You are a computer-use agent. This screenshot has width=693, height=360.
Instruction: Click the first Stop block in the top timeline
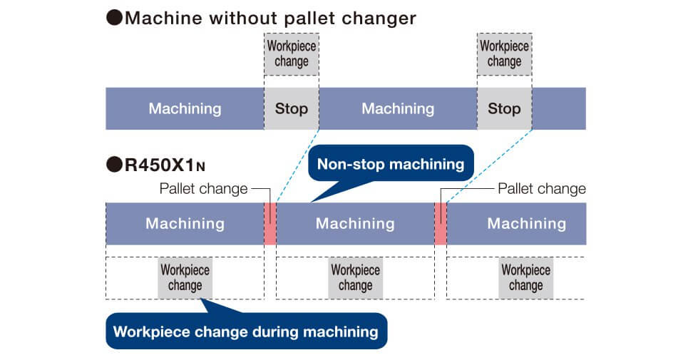(292, 108)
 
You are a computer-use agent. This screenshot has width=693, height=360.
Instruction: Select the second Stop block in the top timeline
(504, 108)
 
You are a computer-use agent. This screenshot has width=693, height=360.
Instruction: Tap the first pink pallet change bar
(270, 224)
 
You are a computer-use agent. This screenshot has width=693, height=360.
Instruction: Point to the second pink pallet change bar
(441, 224)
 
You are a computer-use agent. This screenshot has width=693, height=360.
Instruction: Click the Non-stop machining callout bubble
(391, 165)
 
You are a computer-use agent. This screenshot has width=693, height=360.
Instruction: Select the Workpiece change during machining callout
(246, 331)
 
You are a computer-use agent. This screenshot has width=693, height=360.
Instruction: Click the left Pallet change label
(203, 189)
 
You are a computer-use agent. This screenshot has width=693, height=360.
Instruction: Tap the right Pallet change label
(542, 189)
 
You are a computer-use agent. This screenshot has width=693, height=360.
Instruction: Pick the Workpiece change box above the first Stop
(292, 54)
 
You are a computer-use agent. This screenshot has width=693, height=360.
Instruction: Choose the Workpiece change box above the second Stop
(504, 54)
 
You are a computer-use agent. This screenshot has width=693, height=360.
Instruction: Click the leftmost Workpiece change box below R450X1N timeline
(185, 278)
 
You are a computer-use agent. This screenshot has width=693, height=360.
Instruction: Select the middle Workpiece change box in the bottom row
(355, 278)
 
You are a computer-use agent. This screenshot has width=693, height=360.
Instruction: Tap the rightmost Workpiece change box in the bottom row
(526, 278)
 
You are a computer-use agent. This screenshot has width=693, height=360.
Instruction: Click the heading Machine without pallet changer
(270, 18)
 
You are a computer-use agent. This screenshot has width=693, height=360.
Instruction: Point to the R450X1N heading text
(165, 165)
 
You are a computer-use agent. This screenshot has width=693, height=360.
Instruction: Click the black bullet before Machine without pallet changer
(115, 18)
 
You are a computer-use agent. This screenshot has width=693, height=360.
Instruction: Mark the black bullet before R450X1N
(115, 165)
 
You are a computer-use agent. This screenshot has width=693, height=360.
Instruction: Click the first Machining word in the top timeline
(185, 108)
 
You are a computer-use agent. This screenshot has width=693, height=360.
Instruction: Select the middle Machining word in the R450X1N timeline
(355, 224)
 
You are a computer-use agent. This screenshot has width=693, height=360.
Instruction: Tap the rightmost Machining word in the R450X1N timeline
(526, 224)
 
